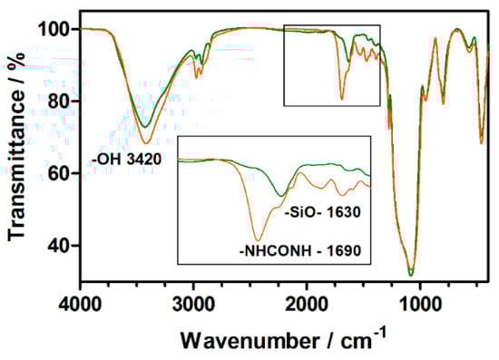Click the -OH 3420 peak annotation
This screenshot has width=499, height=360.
coord(132,163)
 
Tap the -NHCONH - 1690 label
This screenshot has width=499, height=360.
coord(308,243)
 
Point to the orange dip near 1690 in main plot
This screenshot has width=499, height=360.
coord(342,98)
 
